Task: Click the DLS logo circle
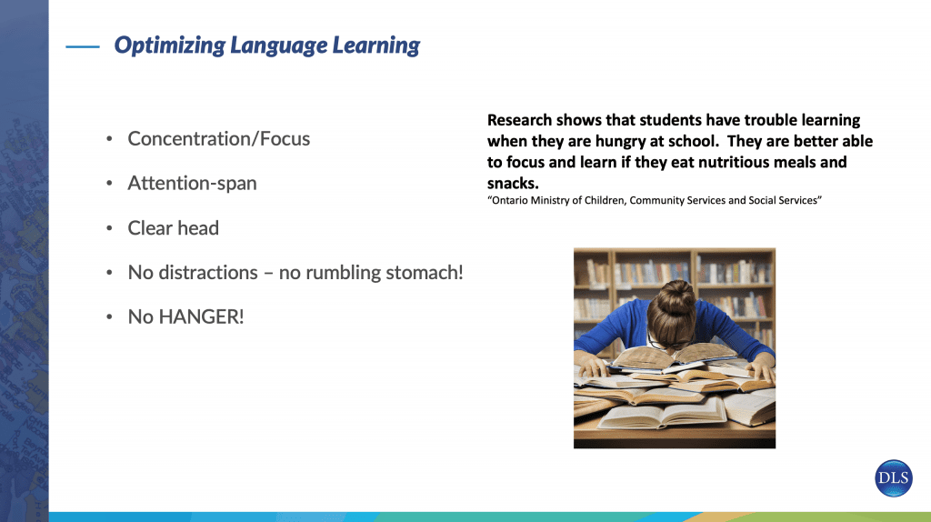coord(894,478)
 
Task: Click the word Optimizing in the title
coord(170,45)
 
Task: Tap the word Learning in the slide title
coord(375,45)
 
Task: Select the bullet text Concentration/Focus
coord(218,139)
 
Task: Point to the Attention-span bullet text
coord(193,184)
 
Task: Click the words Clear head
coord(174,228)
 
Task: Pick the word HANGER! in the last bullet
coord(201,316)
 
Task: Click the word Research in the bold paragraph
coord(519,120)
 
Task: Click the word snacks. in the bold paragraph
coord(513,184)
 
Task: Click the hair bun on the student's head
coord(676,296)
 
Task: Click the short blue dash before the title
coord(83,46)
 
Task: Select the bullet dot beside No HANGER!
coord(109,317)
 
